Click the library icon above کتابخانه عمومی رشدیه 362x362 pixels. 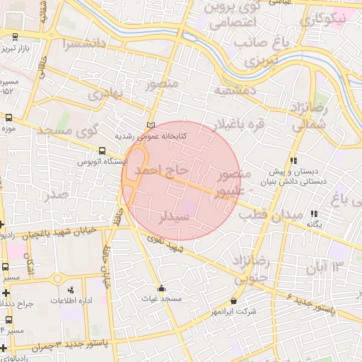tap(150, 125)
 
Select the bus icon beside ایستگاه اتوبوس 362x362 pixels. tap(103, 151)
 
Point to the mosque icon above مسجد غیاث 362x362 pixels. tap(162, 288)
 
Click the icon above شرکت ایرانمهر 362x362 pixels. tap(234, 300)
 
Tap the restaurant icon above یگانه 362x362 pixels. tap(314, 213)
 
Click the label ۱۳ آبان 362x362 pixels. tap(325, 267)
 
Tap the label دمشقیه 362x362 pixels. tap(235, 90)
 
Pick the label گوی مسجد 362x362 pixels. tap(67, 131)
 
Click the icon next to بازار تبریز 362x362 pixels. tap(13, 37)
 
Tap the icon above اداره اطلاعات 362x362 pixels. tap(70, 290)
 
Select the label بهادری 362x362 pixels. tap(106, 93)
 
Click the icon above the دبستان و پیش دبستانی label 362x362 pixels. tap(293, 160)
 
